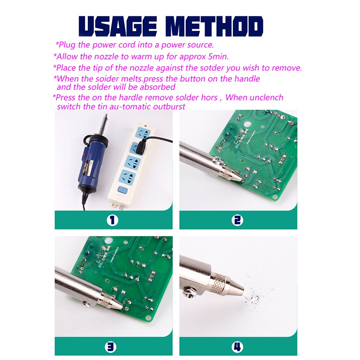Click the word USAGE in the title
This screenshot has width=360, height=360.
pos(118,26)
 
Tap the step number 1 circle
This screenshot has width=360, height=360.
pos(112,220)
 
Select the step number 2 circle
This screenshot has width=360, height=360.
pos(237,220)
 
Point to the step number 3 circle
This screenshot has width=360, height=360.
pos(111,347)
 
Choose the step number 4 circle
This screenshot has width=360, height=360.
pos(237,347)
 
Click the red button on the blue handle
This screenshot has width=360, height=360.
pos(85,154)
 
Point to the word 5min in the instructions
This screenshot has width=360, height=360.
pos(218,56)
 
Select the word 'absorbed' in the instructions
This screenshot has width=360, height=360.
pos(158,87)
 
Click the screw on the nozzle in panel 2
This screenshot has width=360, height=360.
pos(217,160)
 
